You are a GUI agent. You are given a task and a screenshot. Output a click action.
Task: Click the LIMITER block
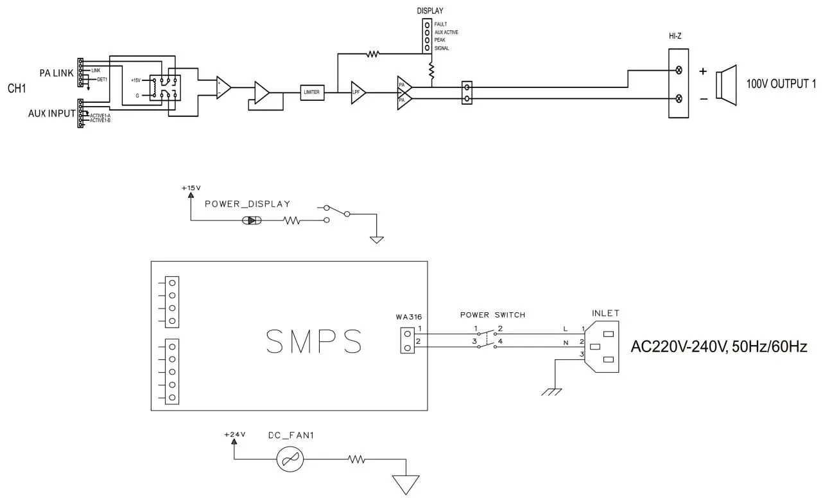coord(312,92)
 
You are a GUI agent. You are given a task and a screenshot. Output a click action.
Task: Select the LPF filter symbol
coord(358,93)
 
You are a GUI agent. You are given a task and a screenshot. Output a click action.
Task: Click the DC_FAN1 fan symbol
coord(289,459)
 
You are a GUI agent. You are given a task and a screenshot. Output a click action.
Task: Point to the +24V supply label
coord(235,435)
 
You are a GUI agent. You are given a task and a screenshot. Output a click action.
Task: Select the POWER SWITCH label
coord(492,315)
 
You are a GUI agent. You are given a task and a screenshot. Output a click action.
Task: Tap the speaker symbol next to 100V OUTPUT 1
coord(728,83)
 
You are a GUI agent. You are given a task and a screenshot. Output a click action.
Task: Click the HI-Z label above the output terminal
coord(675,37)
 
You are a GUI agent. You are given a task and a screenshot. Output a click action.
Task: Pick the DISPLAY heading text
coord(430,11)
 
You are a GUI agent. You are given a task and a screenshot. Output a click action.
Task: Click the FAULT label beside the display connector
coord(440,24)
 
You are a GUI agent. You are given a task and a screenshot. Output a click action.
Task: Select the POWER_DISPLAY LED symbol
coord(251,220)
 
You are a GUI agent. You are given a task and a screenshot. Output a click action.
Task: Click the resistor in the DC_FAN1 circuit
coord(356,459)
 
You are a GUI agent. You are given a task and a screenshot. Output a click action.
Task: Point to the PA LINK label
coord(56,73)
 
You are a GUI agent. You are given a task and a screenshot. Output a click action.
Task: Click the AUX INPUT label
coord(51,113)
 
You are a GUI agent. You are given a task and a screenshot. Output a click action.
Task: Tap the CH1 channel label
coord(17,87)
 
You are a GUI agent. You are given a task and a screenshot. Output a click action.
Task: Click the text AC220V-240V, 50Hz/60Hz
coord(719,347)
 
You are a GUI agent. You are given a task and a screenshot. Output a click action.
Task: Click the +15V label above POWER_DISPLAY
coord(191,188)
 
